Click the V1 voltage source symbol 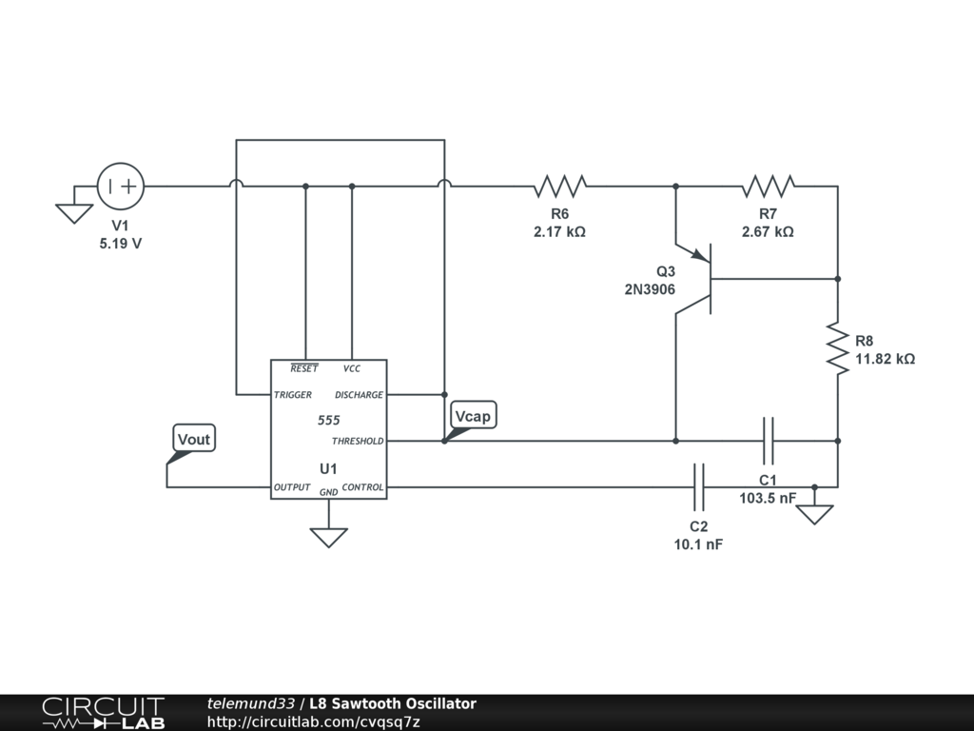121,186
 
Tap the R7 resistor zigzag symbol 769,186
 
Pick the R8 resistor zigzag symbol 837,348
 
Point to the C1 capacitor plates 769,441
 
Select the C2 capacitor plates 699,487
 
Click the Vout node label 194,439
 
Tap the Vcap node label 474,416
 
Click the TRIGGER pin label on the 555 293,395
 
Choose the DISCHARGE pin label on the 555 359,395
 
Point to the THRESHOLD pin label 357,442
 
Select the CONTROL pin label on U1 362,487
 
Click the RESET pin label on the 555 304,368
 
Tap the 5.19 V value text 121,244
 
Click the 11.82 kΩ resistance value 885,359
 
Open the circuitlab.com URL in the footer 313,721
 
